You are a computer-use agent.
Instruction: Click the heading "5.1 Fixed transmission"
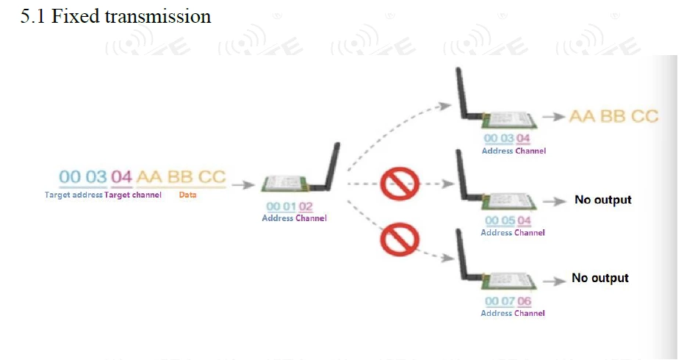(115, 16)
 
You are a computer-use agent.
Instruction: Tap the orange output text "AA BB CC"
(614, 116)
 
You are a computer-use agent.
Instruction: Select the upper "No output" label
(603, 200)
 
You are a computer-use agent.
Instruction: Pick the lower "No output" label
(600, 278)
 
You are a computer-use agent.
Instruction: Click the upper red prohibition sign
(400, 184)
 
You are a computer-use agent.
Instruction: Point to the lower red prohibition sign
(400, 240)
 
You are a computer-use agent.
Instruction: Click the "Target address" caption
(73, 195)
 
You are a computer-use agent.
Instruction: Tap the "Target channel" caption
(133, 195)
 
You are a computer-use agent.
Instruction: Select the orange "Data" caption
(187, 195)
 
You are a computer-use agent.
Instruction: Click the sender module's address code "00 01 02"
(289, 206)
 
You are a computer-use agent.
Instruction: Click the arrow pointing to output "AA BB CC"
(553, 117)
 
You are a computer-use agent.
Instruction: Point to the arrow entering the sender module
(243, 184)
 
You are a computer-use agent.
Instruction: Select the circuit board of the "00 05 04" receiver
(509, 201)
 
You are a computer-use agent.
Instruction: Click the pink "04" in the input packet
(121, 177)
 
